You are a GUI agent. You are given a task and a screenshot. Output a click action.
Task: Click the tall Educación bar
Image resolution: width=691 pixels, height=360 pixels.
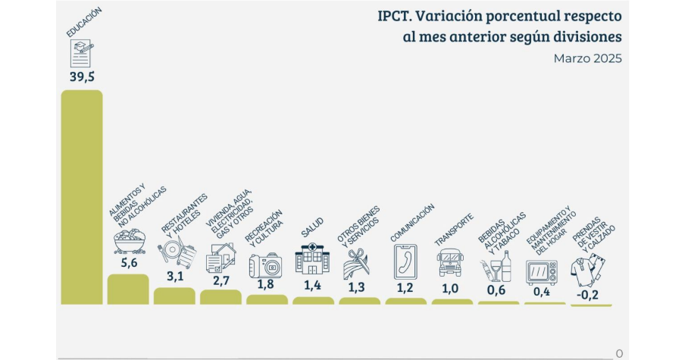pos(82,197)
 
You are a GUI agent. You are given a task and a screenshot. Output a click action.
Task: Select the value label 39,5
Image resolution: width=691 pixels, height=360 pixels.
pos(81,77)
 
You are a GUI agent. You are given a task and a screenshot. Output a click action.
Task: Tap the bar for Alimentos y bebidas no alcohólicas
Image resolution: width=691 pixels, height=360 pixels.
pos(128,289)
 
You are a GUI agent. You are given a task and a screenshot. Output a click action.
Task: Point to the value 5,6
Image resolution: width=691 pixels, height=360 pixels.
pos(128,263)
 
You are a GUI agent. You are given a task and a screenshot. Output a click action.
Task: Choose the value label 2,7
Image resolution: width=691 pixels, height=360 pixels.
pos(220,280)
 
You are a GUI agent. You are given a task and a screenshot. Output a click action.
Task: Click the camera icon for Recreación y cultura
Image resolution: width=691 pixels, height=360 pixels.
pos(266,265)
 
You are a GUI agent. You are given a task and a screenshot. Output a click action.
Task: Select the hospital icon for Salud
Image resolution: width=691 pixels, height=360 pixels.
pos(312,258)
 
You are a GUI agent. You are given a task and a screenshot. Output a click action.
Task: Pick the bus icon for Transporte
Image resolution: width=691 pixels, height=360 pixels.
pos(451,262)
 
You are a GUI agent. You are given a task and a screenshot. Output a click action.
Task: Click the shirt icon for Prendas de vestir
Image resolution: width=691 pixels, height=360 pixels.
pos(589,267)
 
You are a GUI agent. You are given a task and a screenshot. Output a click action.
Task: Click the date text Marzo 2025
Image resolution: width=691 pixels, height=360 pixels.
pos(587,58)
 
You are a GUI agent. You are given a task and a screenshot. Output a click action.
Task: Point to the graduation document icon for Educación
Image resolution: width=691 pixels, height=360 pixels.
pos(81,53)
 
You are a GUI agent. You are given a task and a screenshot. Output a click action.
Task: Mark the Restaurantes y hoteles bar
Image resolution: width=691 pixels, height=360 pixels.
pos(174,296)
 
